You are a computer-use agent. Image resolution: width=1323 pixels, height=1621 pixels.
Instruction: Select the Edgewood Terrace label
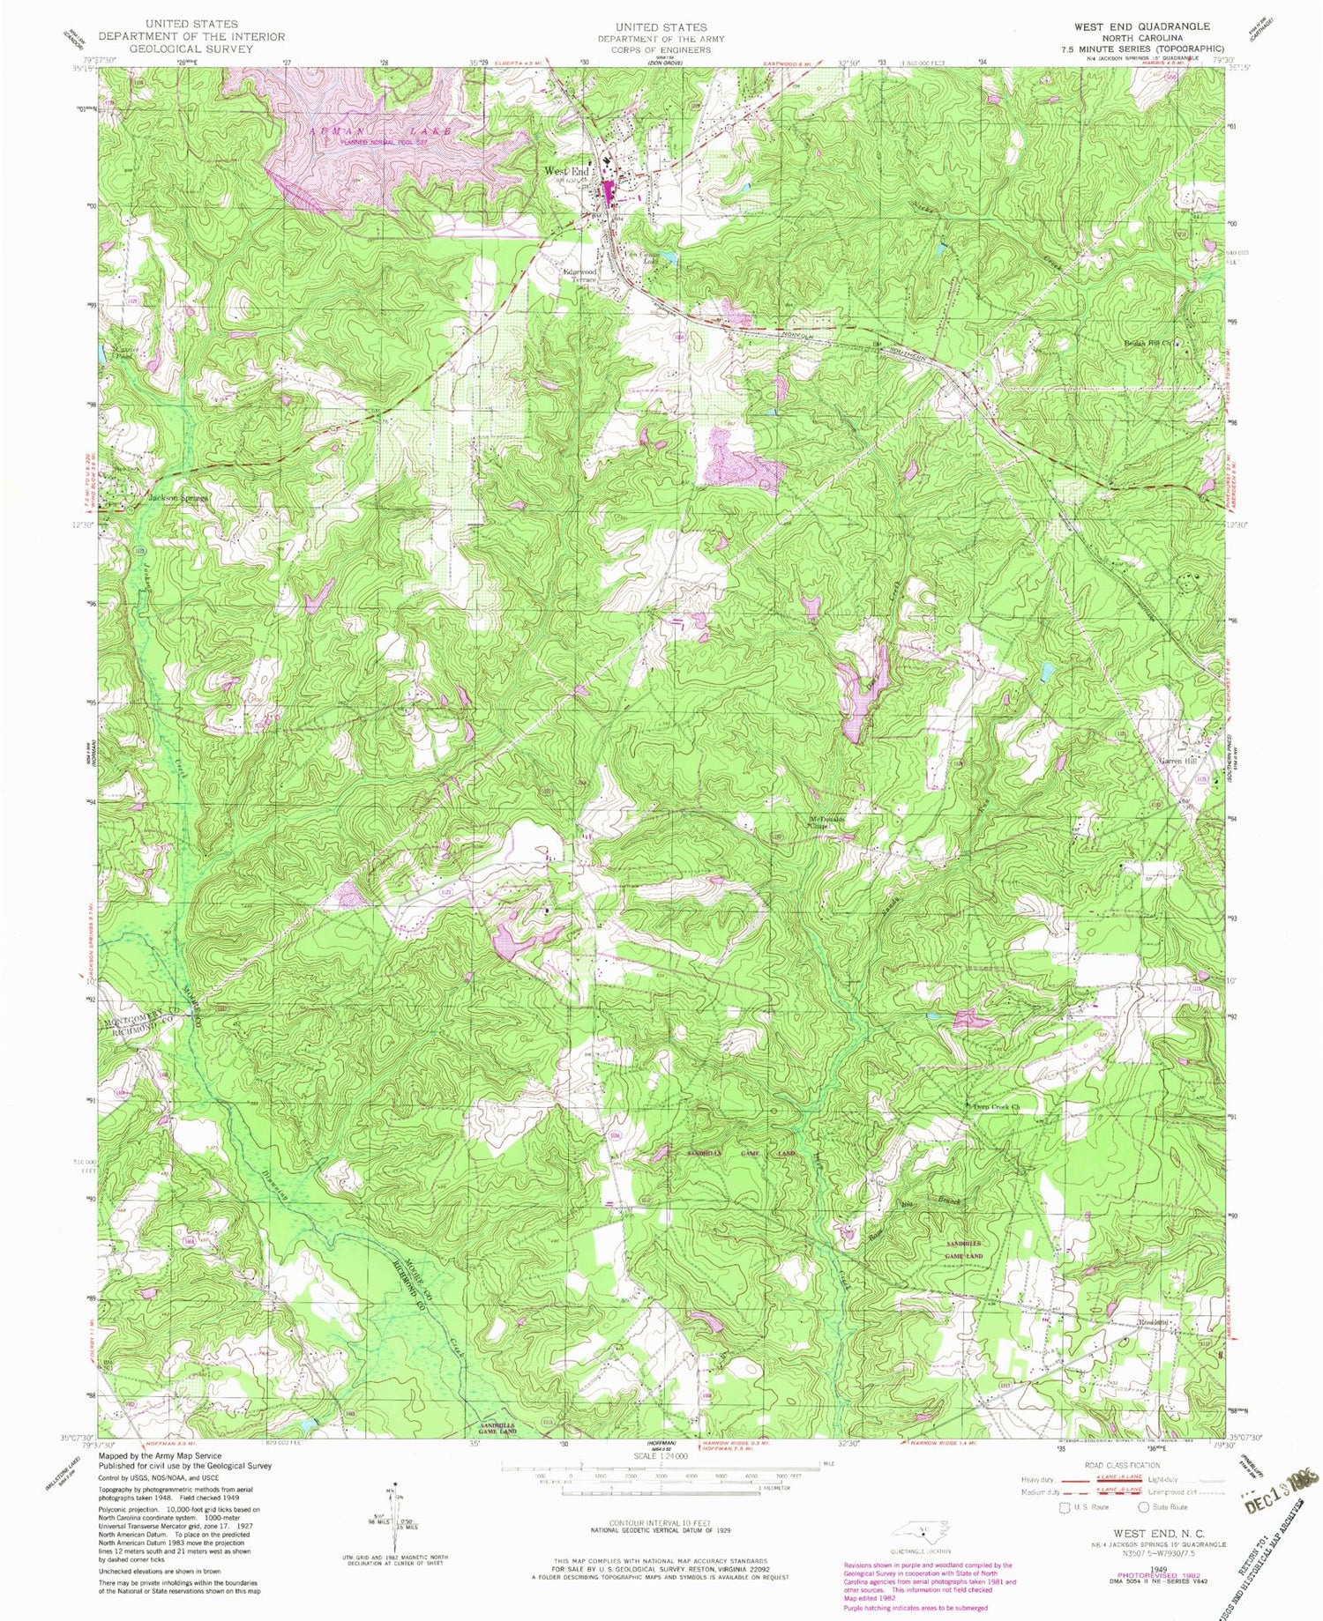coord(580,276)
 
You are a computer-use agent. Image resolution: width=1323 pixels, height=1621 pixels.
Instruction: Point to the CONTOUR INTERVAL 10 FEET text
coord(661,1523)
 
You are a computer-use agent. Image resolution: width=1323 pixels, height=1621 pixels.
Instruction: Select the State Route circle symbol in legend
coord(1146,1506)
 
